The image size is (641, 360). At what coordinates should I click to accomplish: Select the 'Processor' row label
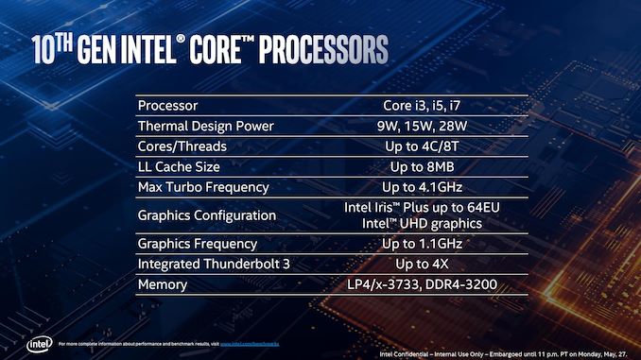tap(167, 105)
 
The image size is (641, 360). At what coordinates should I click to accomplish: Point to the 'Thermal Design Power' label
tap(205, 126)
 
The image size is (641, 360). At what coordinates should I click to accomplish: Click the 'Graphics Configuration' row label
tap(206, 215)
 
